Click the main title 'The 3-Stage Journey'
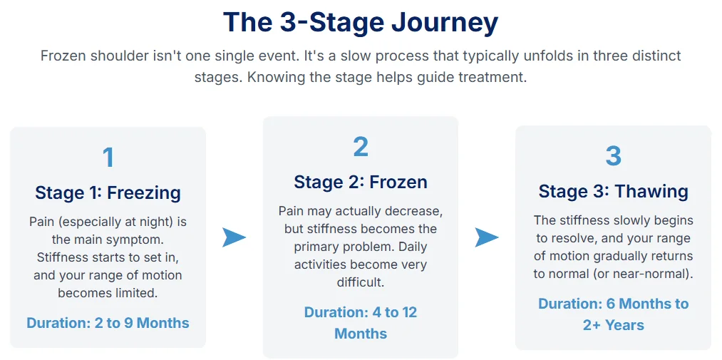coord(361,22)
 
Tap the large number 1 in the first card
coord(108,158)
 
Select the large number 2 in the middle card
coord(361,147)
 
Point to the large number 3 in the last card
coord(613,155)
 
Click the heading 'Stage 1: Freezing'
coord(108,192)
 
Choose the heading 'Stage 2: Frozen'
coord(361,182)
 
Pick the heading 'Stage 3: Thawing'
coord(613,191)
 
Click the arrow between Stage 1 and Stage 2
coord(234,237)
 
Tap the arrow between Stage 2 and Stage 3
coord(487,237)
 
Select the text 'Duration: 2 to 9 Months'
coord(108,323)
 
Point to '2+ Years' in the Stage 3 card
coord(613,325)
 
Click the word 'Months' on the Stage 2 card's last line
coord(361,334)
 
